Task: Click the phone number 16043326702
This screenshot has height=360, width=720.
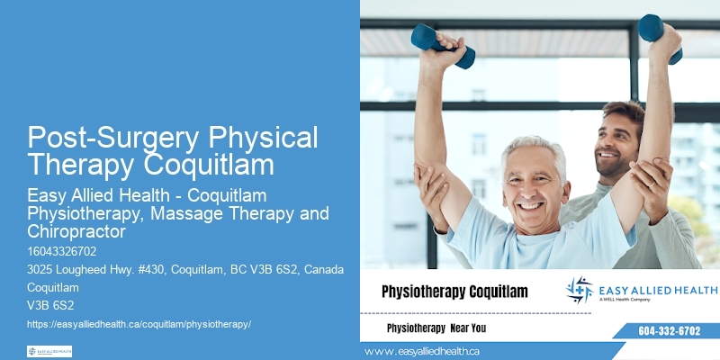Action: [x=62, y=251]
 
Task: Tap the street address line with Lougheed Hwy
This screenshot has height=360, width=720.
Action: [x=180, y=270]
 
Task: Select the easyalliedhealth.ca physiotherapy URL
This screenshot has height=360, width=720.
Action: [x=139, y=323]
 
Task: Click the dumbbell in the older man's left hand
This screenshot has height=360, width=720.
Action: [x=442, y=45]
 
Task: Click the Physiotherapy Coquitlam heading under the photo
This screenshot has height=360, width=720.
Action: [x=454, y=292]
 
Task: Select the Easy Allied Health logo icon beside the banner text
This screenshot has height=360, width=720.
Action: [x=580, y=290]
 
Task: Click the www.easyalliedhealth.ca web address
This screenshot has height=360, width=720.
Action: [x=422, y=351]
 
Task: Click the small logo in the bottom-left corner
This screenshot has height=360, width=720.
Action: [x=49, y=351]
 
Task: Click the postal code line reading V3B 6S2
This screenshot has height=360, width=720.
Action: [x=50, y=305]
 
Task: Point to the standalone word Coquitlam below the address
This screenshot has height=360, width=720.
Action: [x=53, y=288]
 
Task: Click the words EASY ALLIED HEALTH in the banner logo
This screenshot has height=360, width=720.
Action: [x=658, y=289]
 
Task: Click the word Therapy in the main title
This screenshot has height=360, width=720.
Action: [x=78, y=165]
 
